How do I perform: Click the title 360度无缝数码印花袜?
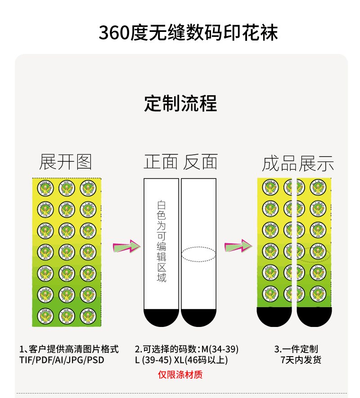click(x=189, y=32)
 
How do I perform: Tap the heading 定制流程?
click(x=180, y=103)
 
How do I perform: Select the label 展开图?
click(x=65, y=162)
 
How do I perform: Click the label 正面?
click(x=161, y=162)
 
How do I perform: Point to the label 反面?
click(x=200, y=162)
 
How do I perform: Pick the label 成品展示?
click(x=298, y=164)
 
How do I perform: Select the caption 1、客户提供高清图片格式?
click(x=69, y=349)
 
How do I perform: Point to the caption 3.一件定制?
click(x=296, y=349)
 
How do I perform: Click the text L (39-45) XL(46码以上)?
click(x=181, y=360)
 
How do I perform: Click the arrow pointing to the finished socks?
click(x=238, y=246)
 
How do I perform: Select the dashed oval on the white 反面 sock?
click(x=198, y=254)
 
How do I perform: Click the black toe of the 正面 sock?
click(x=161, y=317)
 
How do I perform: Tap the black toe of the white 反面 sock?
click(x=199, y=317)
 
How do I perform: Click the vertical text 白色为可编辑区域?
click(x=161, y=241)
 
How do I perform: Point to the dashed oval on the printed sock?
click(x=315, y=254)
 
